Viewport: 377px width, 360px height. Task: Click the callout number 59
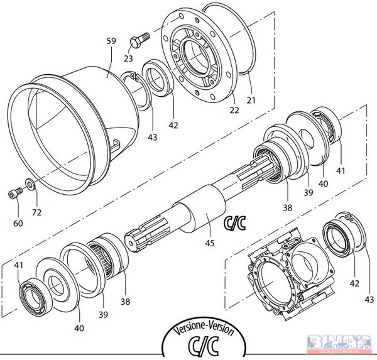click(x=112, y=41)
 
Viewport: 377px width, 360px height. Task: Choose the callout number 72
click(x=36, y=213)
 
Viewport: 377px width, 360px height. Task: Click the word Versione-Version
click(x=207, y=330)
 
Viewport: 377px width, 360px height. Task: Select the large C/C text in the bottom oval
click(x=207, y=347)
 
